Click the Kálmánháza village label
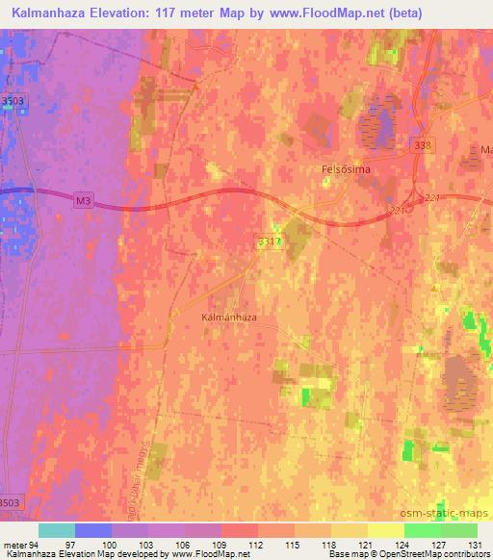(x=228, y=317)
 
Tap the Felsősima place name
(x=346, y=168)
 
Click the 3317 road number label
(x=270, y=242)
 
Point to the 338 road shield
(x=428, y=144)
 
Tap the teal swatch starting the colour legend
(x=57, y=530)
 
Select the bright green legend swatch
(x=422, y=530)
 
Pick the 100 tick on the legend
(x=111, y=545)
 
